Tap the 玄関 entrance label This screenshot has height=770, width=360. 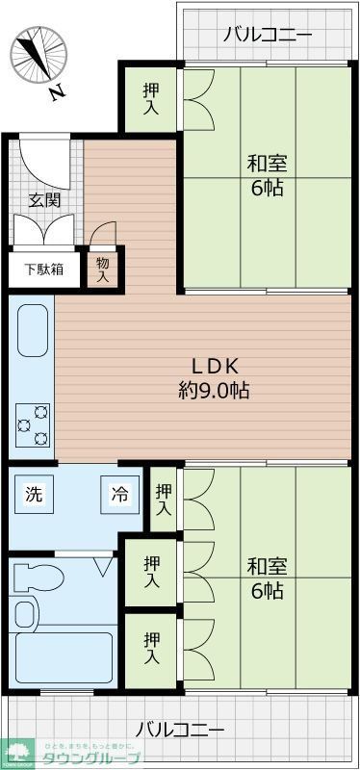pyautogui.click(x=44, y=200)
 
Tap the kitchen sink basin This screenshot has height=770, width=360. pyautogui.click(x=32, y=333)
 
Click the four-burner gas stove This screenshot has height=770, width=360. pyautogui.click(x=32, y=424)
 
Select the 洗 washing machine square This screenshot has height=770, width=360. pyautogui.click(x=35, y=497)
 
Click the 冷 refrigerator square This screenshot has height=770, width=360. pyautogui.click(x=119, y=497)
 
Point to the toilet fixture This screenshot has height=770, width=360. pyautogui.click(x=39, y=578)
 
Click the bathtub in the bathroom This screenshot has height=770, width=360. pyautogui.click(x=63, y=654)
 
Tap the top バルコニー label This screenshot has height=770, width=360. pyautogui.click(x=267, y=36)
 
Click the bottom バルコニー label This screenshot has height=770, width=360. pyautogui.click(x=180, y=729)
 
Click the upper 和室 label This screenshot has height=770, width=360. pyautogui.click(x=267, y=174)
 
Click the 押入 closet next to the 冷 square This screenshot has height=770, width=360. pyautogui.click(x=164, y=499)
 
